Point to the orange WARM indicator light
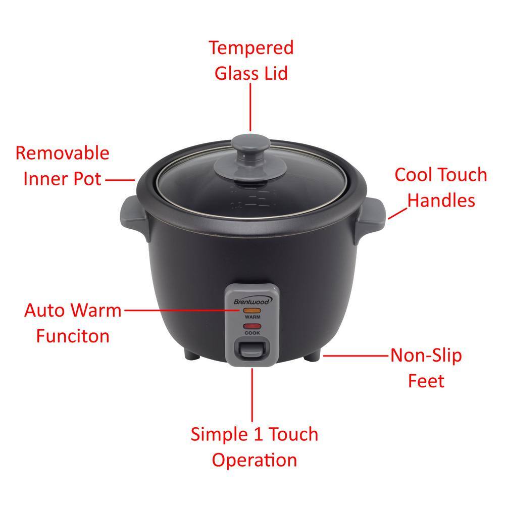click(251, 311)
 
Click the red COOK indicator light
click(251, 327)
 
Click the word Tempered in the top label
click(251, 48)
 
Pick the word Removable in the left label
click(62, 153)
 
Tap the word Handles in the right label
click(441, 200)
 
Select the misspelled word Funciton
click(73, 336)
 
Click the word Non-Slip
click(426, 355)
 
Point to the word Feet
click(426, 381)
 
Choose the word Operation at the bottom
click(254, 460)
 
